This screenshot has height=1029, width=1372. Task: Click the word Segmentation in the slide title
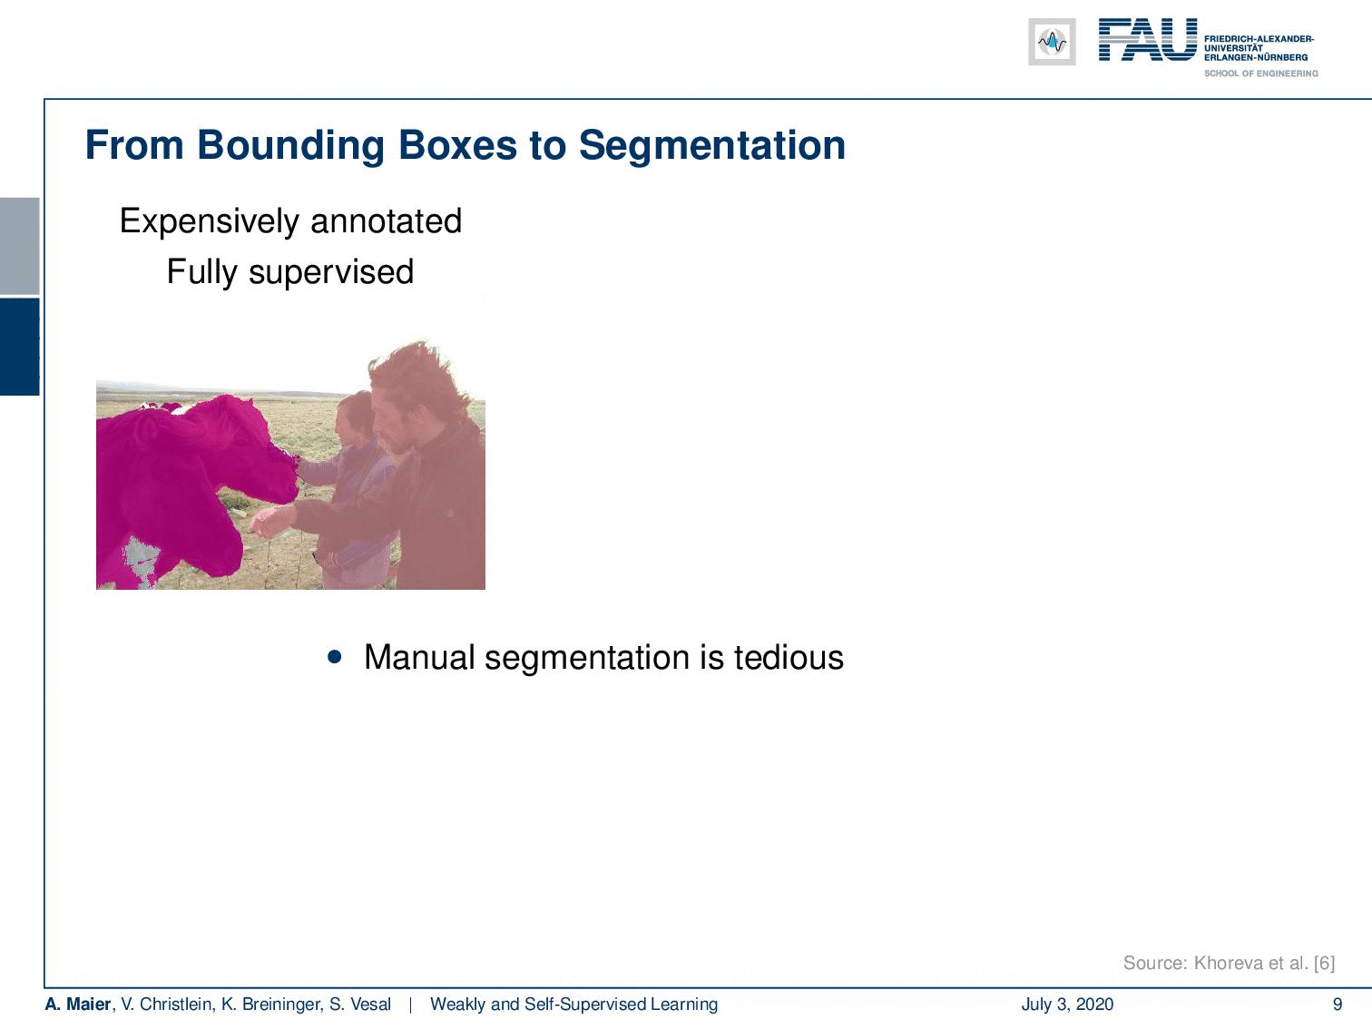712,146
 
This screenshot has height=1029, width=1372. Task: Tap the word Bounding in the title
290,146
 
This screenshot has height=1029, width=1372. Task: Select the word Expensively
210,221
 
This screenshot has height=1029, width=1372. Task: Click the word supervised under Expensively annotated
331,272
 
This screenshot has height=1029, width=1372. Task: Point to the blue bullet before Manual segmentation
335,657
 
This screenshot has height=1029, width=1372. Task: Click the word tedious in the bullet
789,657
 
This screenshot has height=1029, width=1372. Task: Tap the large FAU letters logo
1148,40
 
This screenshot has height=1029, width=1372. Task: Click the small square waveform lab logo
1052,42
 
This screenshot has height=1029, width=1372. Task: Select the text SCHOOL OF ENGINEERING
1260,73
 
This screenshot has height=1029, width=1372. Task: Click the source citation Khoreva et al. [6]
1265,963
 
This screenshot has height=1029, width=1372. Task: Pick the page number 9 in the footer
1338,1004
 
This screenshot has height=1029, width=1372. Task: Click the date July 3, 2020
1068,1004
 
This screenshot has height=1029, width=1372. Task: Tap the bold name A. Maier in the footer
78,1004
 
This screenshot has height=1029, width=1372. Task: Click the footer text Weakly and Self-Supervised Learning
573,1004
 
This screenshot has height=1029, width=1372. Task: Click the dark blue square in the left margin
19,347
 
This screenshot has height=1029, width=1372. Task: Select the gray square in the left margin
19,246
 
